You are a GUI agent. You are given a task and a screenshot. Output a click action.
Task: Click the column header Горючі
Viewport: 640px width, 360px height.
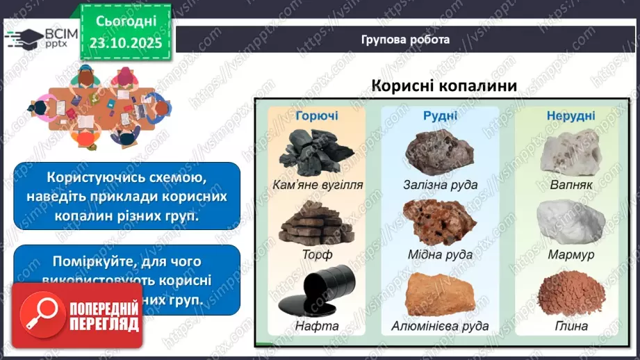316,115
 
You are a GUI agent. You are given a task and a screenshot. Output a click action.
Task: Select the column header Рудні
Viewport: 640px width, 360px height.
440,115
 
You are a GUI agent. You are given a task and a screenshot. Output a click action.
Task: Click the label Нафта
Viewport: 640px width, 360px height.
317,325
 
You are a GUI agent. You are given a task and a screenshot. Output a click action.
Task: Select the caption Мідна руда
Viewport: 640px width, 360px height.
440,254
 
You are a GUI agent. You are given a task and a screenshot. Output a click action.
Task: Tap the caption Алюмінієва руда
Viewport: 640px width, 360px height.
440,325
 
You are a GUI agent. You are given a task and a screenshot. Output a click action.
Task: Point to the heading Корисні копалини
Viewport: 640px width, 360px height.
444,85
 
